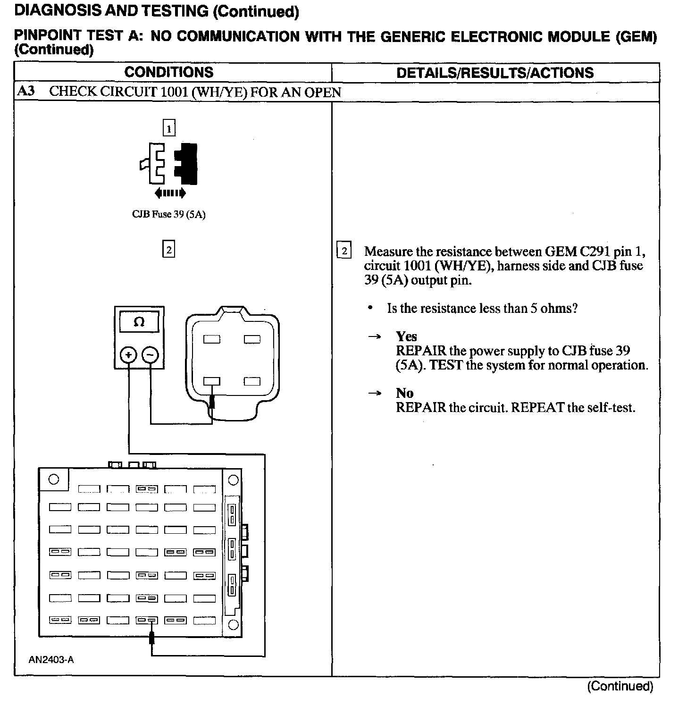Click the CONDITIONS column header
point(168,72)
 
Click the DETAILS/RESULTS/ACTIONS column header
point(495,73)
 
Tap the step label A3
point(25,91)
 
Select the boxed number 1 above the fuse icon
point(168,128)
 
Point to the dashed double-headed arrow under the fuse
point(170,193)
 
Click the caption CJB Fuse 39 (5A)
point(168,215)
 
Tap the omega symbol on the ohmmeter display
point(139,322)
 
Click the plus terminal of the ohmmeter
point(128,355)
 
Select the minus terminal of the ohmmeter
point(150,355)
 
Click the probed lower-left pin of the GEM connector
point(212,381)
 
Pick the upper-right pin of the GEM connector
point(252,339)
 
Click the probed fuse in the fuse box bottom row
point(147,621)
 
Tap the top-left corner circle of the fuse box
point(54,479)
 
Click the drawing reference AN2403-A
point(51,660)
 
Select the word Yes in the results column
point(406,336)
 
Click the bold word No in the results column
point(404,393)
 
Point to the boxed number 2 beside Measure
point(344,251)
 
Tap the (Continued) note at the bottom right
point(620,686)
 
